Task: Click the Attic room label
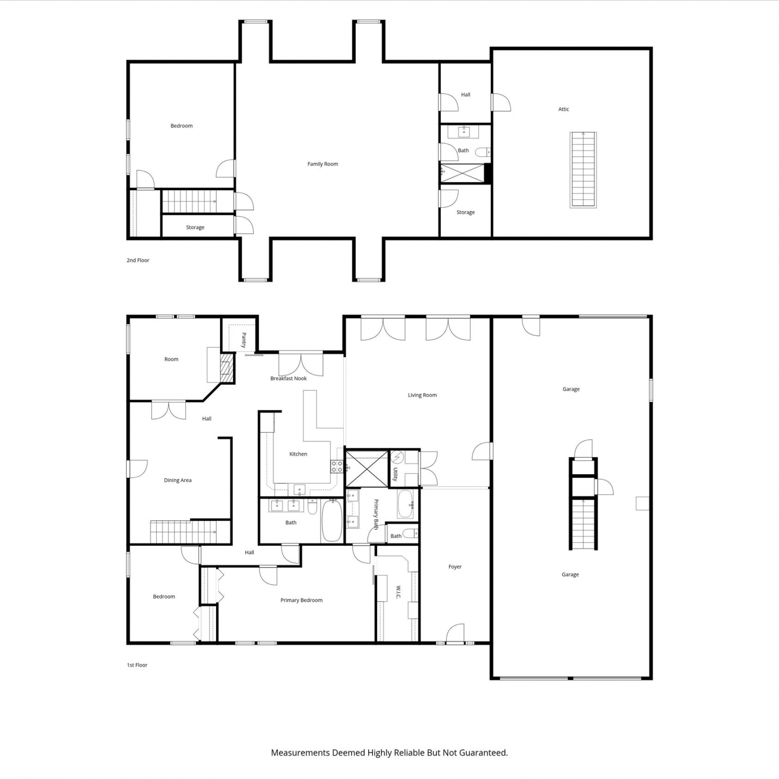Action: pos(563,109)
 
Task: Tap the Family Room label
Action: pos(323,164)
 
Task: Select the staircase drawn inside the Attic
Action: pos(583,170)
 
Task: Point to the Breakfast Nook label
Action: pos(288,379)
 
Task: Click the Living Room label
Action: pos(422,395)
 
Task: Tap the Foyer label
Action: pos(455,567)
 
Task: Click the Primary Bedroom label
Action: pos(301,600)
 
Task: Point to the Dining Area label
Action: pos(178,480)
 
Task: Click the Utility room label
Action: pos(395,474)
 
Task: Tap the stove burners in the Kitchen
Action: pos(337,466)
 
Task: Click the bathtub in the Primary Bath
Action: pos(406,504)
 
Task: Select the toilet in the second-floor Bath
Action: pos(482,152)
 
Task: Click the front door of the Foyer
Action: pos(455,634)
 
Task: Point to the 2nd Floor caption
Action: pos(138,260)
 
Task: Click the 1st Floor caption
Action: pos(137,665)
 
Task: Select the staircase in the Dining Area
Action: pos(191,532)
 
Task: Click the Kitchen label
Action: pos(298,454)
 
